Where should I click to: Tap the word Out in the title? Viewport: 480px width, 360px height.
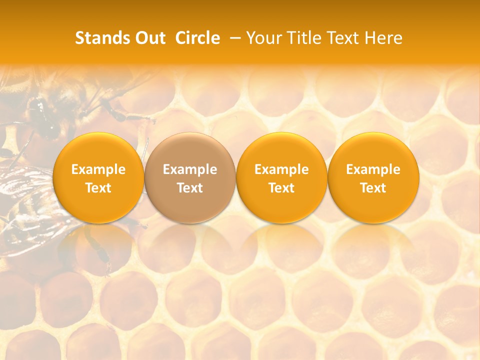[148, 38]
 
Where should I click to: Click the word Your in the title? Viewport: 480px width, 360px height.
[262, 38]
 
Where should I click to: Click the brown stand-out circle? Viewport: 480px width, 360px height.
[190, 177]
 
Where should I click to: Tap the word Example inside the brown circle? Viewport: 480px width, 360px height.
[190, 169]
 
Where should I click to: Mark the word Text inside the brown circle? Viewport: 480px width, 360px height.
[190, 188]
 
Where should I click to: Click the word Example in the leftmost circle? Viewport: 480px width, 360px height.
[98, 169]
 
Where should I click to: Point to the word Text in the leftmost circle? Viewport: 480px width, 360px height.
[98, 188]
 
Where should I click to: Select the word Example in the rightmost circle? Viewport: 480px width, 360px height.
[373, 169]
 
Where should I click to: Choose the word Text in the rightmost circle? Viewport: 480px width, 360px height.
[373, 188]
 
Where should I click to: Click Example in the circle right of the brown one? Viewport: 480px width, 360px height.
[281, 169]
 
